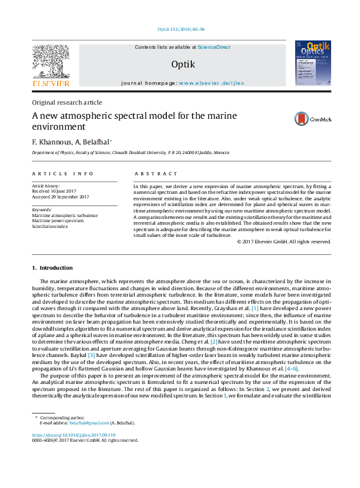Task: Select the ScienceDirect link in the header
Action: tap(214, 48)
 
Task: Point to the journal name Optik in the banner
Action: tap(183, 64)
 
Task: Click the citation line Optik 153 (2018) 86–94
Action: tap(181, 30)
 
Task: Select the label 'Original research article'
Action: tap(67, 103)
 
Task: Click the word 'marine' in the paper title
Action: tap(205, 116)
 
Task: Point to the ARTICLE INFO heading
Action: tap(63, 173)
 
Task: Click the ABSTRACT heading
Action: tap(156, 173)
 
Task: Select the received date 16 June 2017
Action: tap(65, 191)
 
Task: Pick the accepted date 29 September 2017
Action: tap(70, 196)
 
